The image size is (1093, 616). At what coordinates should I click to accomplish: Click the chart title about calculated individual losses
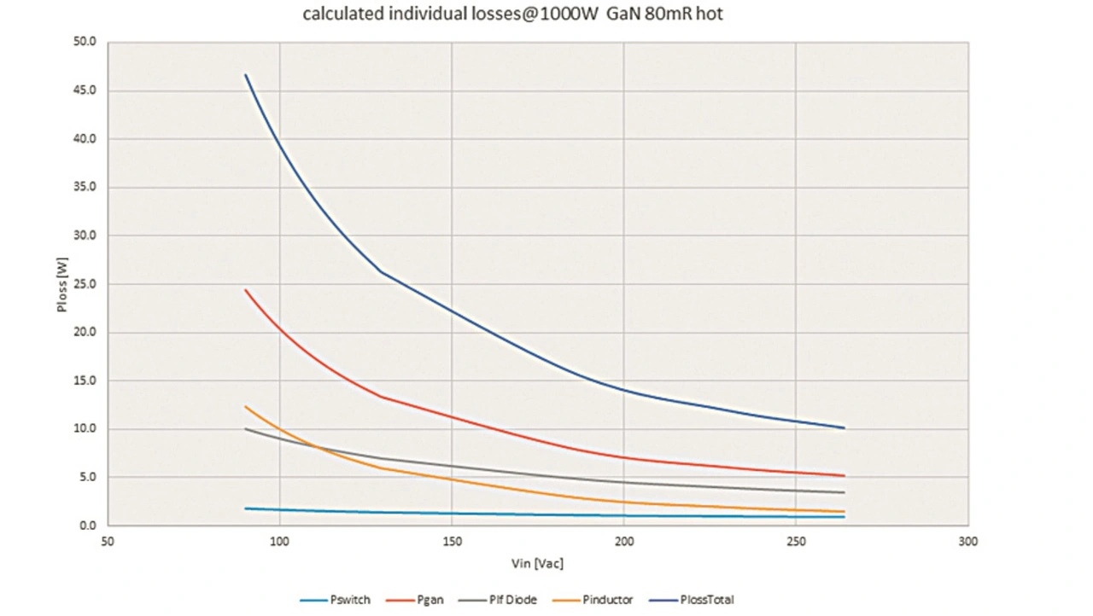(512, 14)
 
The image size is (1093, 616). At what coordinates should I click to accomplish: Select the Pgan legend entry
(430, 600)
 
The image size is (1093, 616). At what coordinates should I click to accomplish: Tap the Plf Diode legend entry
(513, 600)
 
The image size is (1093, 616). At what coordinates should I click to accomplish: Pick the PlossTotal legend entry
(706, 600)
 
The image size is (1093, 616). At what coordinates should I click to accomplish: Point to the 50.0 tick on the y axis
(87, 42)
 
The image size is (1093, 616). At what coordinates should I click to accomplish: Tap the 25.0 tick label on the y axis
(87, 284)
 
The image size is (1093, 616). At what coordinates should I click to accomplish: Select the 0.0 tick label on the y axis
(89, 526)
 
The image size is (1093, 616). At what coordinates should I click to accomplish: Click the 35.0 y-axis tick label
(87, 187)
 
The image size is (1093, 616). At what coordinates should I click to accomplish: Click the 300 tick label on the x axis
(967, 542)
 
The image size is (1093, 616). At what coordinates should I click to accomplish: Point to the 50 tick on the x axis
(108, 542)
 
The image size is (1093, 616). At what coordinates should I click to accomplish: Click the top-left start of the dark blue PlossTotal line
(246, 74)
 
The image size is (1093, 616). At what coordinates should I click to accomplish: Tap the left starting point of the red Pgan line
(246, 290)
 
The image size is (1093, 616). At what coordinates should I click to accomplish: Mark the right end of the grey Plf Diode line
(844, 492)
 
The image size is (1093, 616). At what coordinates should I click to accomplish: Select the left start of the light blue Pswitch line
(246, 508)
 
